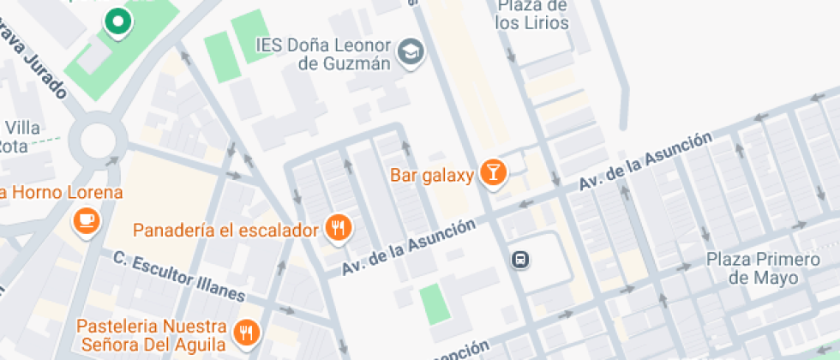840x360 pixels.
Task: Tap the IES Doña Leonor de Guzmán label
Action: point(323,53)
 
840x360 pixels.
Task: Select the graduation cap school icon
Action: point(412,51)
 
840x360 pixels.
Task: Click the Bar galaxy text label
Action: point(432,176)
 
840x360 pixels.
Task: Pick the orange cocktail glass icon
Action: point(493,171)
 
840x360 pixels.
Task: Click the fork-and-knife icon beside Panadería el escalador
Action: point(339,228)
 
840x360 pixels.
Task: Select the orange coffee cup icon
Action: point(87,221)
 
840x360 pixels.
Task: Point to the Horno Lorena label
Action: point(62,192)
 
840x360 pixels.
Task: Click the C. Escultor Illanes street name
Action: point(179,275)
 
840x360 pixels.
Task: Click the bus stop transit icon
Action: point(519,259)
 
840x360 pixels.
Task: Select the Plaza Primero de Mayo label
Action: point(751,267)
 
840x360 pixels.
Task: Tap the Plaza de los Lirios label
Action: point(531,15)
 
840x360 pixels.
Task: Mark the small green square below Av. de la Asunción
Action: point(435,303)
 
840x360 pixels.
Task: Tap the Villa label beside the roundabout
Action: point(22,129)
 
